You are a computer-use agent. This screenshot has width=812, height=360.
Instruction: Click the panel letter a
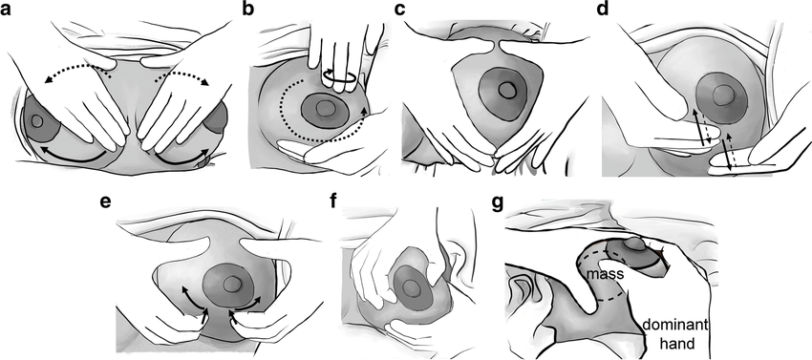(x=7, y=10)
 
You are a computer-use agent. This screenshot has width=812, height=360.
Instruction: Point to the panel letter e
(x=105, y=202)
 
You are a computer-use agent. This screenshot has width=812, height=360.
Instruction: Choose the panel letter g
(x=498, y=203)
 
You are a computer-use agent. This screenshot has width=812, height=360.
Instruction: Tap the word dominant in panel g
(x=673, y=326)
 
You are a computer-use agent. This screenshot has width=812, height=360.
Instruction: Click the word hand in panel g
(x=672, y=343)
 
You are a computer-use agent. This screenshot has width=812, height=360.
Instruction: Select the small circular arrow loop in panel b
(x=340, y=76)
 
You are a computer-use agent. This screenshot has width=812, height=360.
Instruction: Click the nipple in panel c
(x=506, y=90)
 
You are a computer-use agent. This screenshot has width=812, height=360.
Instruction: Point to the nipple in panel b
(x=325, y=108)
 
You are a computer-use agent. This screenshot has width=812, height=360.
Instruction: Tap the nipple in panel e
(x=231, y=284)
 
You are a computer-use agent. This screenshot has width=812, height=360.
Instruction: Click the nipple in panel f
(x=413, y=286)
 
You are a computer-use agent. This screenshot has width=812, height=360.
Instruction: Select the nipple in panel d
(x=722, y=95)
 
